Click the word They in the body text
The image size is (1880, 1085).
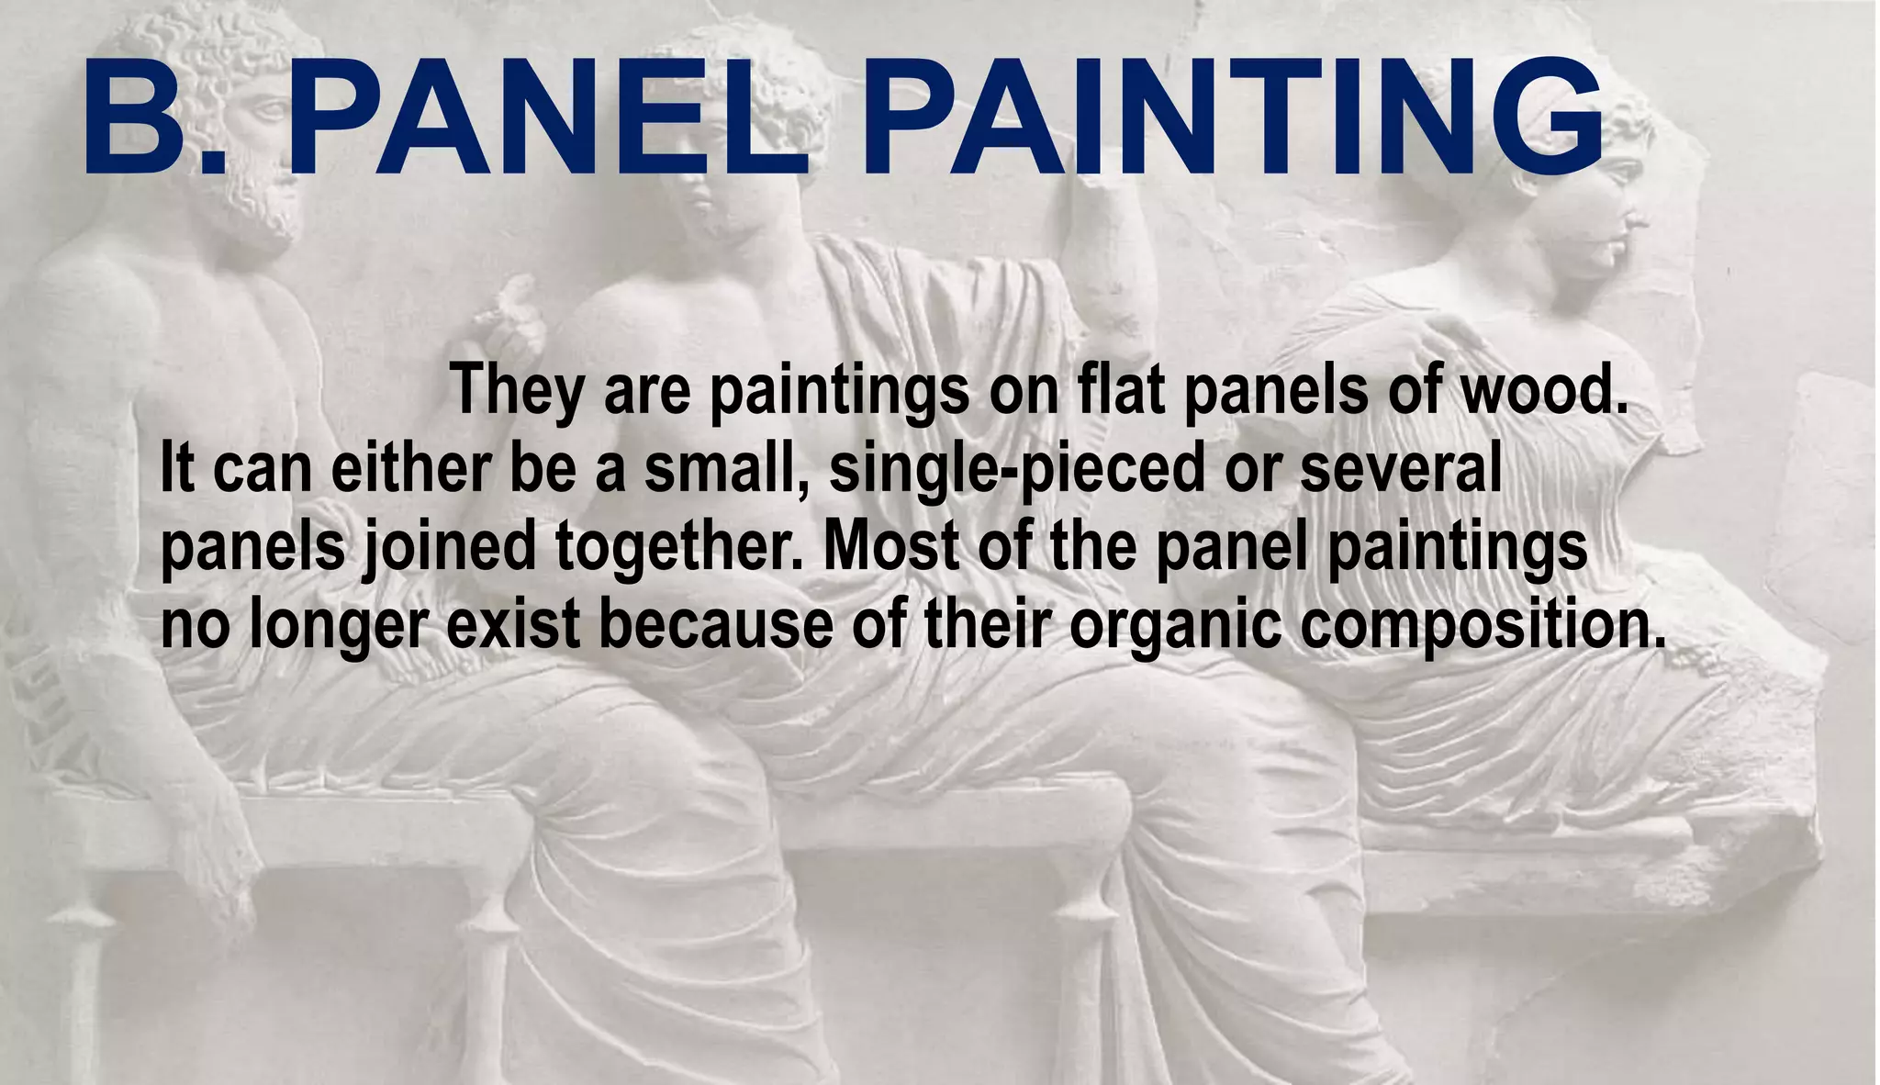(x=517, y=389)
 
